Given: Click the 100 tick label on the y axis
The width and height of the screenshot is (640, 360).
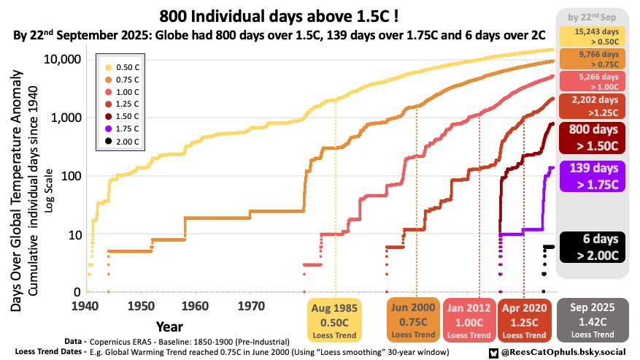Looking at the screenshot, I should (67, 176).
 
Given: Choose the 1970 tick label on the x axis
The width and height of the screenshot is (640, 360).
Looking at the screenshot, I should (251, 305).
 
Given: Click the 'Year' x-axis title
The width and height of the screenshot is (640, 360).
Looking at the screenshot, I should (169, 326).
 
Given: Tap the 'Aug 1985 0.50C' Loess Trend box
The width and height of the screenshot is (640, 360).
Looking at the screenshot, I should (335, 319).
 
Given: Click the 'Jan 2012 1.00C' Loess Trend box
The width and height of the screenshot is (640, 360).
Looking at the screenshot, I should (469, 319).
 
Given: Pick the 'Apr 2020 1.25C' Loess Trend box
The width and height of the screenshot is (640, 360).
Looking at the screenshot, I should (524, 319).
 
